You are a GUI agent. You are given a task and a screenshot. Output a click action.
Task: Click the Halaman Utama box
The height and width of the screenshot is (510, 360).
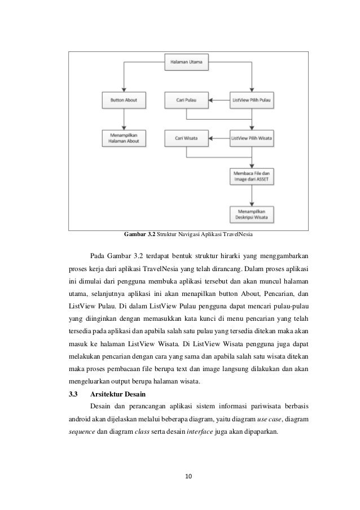click(187, 62)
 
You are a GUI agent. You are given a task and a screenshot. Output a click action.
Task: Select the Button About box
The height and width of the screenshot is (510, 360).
click(123, 101)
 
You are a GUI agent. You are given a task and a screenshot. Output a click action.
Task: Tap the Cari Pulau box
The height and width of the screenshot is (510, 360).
click(186, 101)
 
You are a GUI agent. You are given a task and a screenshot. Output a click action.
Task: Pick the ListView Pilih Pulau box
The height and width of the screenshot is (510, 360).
click(251, 101)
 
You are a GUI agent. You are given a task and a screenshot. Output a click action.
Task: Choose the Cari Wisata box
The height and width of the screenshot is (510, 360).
click(186, 138)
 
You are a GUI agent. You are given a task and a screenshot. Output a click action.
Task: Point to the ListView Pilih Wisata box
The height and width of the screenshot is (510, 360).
click(251, 138)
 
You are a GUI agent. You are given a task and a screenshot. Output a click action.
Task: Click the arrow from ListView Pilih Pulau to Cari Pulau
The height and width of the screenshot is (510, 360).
click(218, 101)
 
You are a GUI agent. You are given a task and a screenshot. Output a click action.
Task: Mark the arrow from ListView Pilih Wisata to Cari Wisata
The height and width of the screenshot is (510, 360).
click(218, 138)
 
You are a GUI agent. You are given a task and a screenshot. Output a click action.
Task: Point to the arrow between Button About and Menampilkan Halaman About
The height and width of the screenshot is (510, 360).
click(123, 120)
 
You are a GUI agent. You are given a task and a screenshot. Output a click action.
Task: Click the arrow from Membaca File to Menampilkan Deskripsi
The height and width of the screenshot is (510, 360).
click(251, 195)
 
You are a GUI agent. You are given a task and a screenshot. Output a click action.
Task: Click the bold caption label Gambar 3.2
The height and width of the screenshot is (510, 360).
click(139, 235)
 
